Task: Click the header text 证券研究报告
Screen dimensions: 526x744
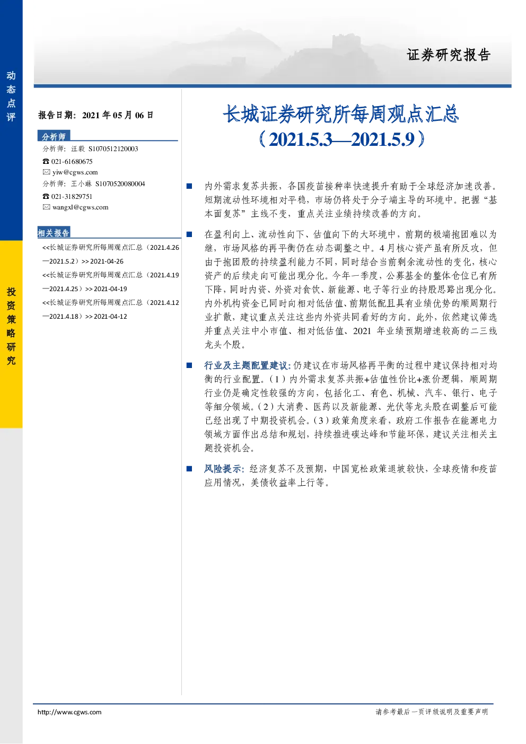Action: [x=449, y=55]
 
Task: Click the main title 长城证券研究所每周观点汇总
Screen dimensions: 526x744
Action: [x=341, y=114]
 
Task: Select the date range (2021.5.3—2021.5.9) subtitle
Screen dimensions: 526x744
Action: [x=341, y=139]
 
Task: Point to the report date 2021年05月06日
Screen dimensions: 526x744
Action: [x=118, y=115]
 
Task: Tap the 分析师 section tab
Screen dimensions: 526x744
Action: [x=54, y=136]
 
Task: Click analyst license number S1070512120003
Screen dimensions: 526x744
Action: [x=113, y=149]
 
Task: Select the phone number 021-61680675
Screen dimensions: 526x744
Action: [x=72, y=161]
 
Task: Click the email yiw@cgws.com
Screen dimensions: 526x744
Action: [x=75, y=172]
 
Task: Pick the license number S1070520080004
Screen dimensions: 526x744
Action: [x=120, y=184]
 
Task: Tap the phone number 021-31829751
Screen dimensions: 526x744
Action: [x=72, y=197]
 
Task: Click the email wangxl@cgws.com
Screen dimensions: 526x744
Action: [x=81, y=207]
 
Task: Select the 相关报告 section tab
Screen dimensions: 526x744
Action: [x=54, y=232]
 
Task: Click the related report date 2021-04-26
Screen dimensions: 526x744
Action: [x=107, y=261]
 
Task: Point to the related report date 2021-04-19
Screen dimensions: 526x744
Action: [x=110, y=289]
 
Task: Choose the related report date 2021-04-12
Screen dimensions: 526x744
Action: [x=110, y=317]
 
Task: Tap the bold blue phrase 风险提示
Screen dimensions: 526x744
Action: [x=223, y=469]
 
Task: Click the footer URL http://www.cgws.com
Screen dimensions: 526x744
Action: [x=69, y=712]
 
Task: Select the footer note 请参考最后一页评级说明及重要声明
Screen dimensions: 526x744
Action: [x=432, y=712]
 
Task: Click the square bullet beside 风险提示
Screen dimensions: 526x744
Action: [x=189, y=469]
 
